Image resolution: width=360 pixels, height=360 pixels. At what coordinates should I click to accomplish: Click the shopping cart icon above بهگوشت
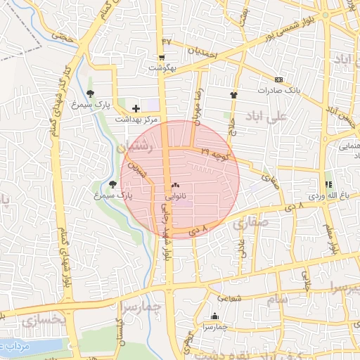(x=162, y=58)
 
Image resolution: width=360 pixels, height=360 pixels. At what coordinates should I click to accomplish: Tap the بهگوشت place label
(x=162, y=68)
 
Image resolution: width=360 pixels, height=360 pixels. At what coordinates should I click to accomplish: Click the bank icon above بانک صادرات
(x=279, y=79)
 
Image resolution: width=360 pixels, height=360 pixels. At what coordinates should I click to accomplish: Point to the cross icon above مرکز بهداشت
(x=136, y=108)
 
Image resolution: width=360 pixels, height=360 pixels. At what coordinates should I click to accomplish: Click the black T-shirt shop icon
(x=233, y=94)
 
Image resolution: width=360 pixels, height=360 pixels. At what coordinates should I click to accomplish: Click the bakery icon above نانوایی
(x=175, y=185)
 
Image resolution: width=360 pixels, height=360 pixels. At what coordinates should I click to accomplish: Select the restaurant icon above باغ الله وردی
(x=328, y=184)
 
